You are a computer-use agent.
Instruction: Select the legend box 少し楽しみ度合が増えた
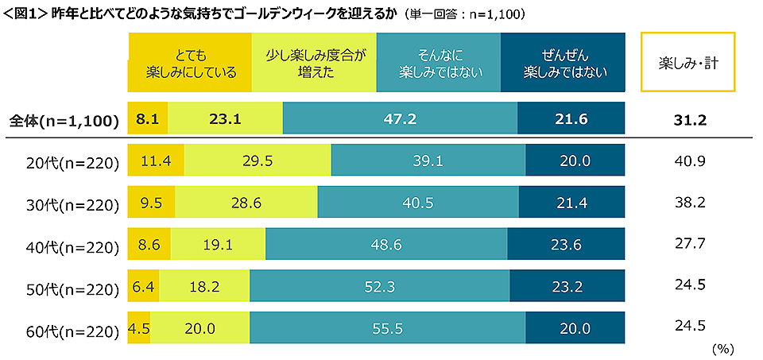[313, 63]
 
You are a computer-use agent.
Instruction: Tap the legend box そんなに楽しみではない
[439, 63]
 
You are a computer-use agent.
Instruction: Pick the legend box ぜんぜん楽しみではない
[564, 63]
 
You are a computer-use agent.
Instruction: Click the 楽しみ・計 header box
[688, 63]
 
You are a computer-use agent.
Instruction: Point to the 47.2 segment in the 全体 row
[400, 119]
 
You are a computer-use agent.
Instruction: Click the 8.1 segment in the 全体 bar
[149, 119]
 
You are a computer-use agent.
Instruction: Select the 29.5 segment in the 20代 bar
[258, 161]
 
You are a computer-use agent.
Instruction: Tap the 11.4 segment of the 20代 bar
[157, 161]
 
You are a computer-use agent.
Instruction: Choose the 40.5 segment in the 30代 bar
[418, 203]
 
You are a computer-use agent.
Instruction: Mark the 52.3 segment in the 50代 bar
[379, 287]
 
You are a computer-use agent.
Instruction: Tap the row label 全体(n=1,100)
[64, 120]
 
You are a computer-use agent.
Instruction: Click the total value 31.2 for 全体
[688, 120]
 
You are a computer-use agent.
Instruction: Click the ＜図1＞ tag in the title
[25, 14]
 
